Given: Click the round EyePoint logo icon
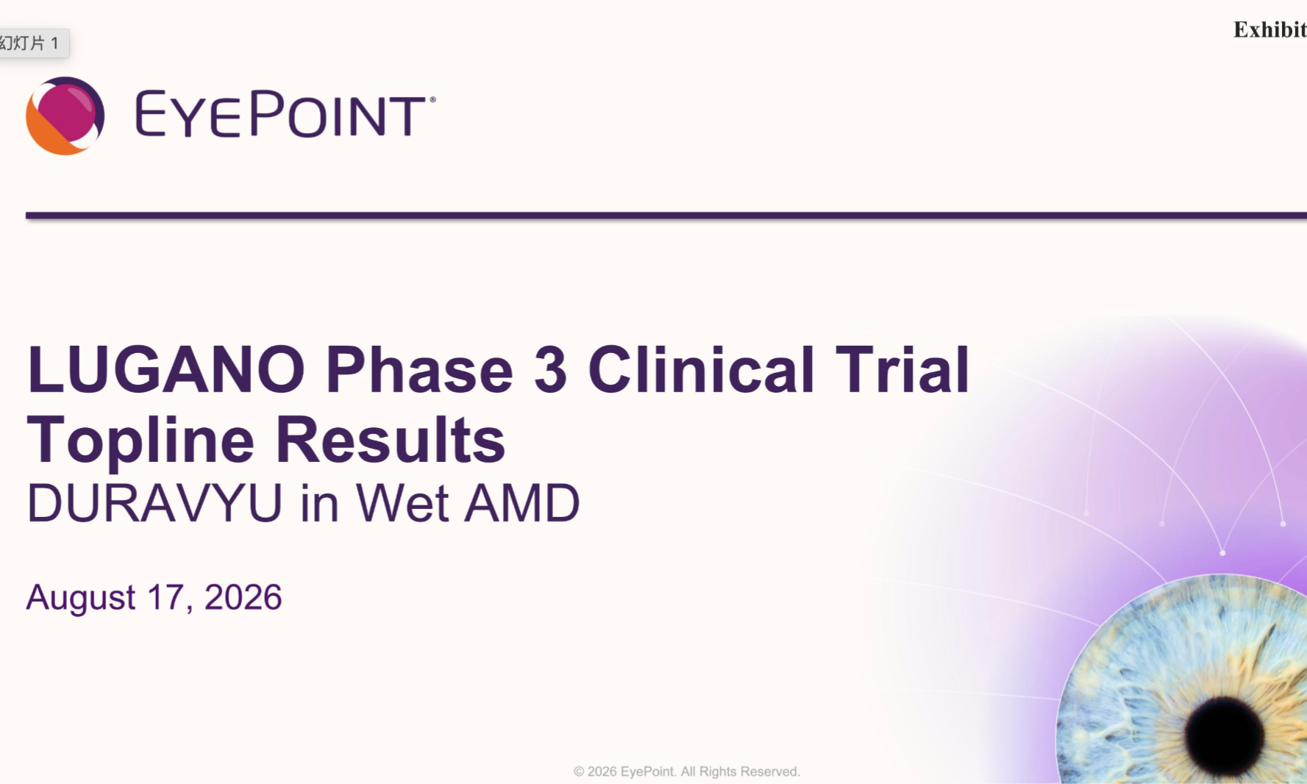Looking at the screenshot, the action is pyautogui.click(x=65, y=115).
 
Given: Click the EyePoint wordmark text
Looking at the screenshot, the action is pyautogui.click(x=285, y=114).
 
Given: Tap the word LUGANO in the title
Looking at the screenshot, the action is pyautogui.click(x=166, y=369).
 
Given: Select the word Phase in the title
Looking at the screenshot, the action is pyautogui.click(x=419, y=369).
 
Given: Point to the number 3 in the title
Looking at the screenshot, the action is pyautogui.click(x=550, y=369).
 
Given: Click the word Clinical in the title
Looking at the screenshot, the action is pyautogui.click(x=701, y=369).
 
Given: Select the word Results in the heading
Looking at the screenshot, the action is pyautogui.click(x=391, y=440).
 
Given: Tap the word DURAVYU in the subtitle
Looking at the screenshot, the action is pyautogui.click(x=154, y=504).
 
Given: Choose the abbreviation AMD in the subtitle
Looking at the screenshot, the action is pyautogui.click(x=522, y=504).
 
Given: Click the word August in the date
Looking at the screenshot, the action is pyautogui.click(x=81, y=598).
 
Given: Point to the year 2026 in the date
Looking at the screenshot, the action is pyautogui.click(x=243, y=597).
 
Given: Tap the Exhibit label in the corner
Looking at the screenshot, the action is pyautogui.click(x=1270, y=29).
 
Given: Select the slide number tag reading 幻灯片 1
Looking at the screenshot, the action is pyautogui.click(x=29, y=43).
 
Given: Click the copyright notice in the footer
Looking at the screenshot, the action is pyautogui.click(x=687, y=771).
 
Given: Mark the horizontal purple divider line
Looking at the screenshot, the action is pyautogui.click(x=666, y=215).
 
